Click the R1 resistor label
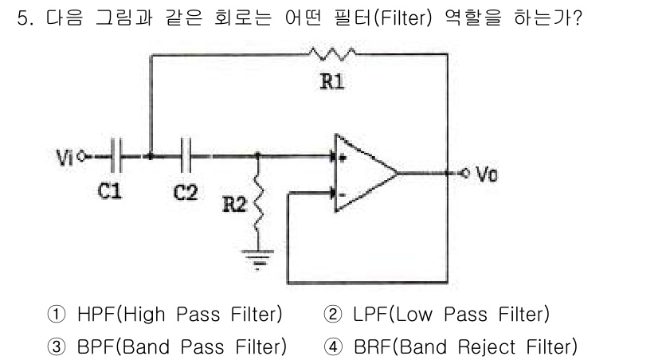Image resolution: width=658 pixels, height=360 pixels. [x=332, y=82]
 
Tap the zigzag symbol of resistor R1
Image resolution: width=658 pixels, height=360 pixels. [x=334, y=54]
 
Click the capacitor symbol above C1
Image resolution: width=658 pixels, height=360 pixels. [x=116, y=157]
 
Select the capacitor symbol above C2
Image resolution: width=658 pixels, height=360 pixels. [x=187, y=157]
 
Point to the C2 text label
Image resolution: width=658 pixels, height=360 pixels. [x=186, y=193]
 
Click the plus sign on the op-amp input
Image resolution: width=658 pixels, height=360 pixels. [x=343, y=159]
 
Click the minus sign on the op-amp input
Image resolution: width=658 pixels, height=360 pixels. [x=343, y=192]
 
